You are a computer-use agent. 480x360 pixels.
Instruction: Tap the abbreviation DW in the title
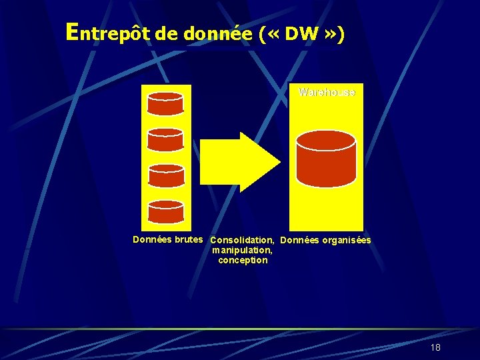coord(300,34)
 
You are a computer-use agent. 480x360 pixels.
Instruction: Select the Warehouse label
coord(327,92)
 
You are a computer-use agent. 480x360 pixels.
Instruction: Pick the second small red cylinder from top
coord(165,139)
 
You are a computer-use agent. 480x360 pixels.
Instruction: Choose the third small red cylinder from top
coord(165,175)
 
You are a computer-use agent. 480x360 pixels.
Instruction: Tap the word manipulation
coord(242,250)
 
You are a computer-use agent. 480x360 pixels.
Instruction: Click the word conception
coord(243,260)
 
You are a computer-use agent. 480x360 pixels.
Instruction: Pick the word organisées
coord(346,240)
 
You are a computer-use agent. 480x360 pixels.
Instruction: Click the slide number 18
coord(435,347)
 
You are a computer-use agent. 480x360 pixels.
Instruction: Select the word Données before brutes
coord(152,239)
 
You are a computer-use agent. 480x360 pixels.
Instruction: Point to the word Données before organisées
coord(300,240)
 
